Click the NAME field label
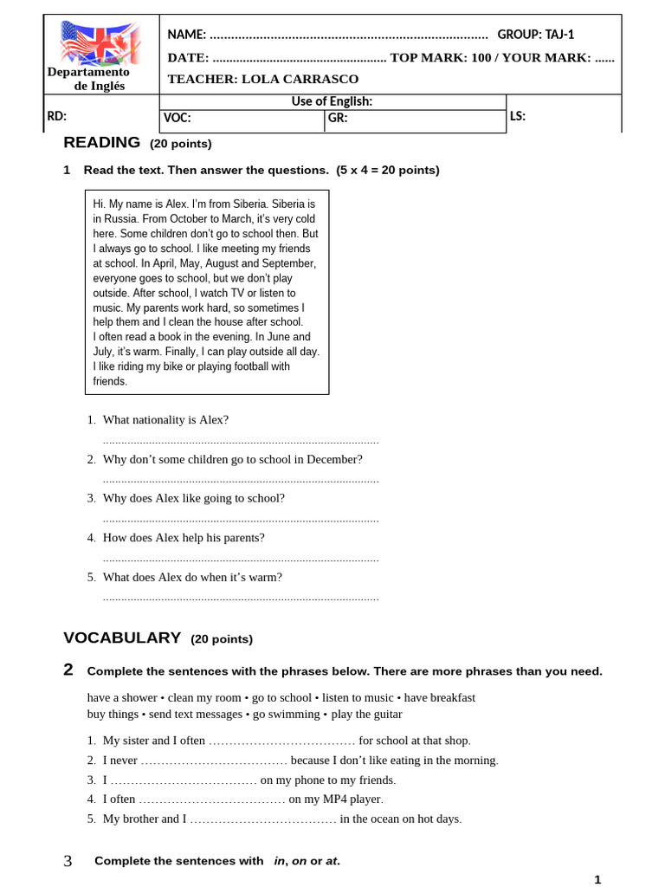click(186, 35)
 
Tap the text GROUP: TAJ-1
click(535, 35)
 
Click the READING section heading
click(101, 143)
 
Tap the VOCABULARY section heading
click(122, 638)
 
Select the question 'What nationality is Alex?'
click(165, 419)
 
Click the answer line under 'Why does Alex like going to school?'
click(241, 520)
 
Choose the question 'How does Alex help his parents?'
click(184, 537)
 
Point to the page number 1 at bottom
click(597, 879)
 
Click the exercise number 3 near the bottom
click(68, 861)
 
